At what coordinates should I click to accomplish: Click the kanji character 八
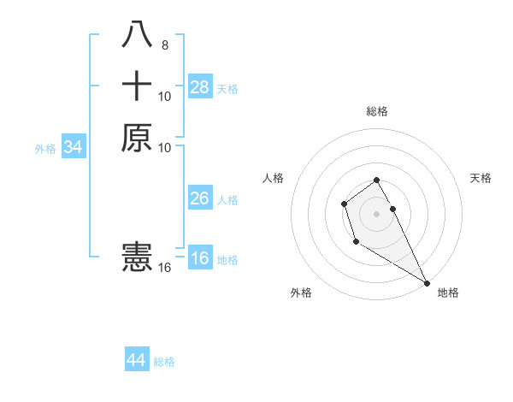[137, 35]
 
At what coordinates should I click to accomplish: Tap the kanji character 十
[137, 86]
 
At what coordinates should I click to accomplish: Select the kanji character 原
[137, 138]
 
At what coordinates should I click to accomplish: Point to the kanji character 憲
[137, 257]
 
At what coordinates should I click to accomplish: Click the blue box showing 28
[200, 86]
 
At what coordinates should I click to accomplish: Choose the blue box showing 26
[200, 198]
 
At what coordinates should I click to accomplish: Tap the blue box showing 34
[73, 147]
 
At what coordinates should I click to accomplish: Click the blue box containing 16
[200, 258]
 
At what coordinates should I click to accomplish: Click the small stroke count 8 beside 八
[164, 44]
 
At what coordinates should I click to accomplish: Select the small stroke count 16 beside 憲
[164, 268]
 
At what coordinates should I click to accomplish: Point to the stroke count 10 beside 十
[164, 96]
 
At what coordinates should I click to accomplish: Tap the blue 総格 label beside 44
[164, 362]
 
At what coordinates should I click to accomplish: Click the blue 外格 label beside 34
[45, 149]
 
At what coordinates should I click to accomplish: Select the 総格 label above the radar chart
[376, 111]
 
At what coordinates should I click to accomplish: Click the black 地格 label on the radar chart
[448, 293]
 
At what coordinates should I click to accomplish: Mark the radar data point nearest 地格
[427, 283]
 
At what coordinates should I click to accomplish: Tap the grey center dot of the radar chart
[376, 213]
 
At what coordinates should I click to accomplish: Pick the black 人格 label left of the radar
[274, 178]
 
